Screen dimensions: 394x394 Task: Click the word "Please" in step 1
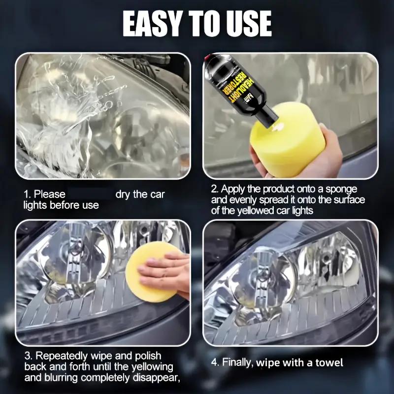coord(49,195)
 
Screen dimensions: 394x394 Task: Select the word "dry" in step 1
coord(125,195)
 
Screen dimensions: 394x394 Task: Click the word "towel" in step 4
coord(328,363)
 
